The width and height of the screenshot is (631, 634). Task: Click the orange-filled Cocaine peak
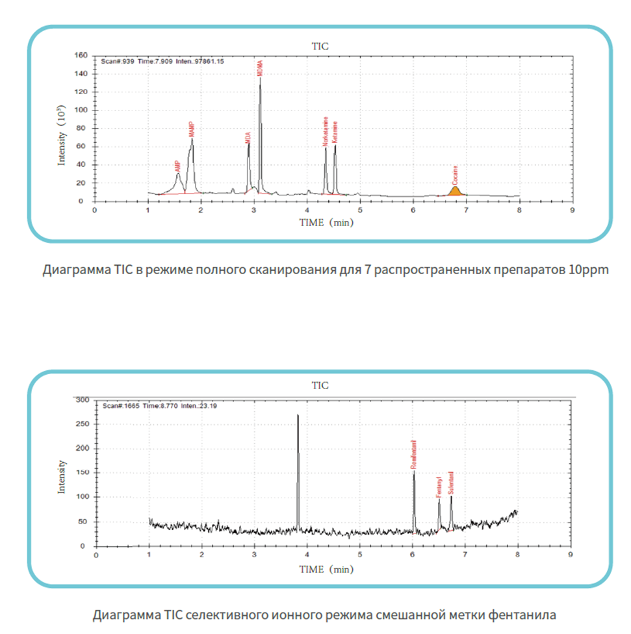[455, 191]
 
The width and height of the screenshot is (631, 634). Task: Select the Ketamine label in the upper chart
[335, 132]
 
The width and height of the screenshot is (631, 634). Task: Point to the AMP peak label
[177, 166]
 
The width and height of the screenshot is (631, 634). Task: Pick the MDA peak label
[248, 138]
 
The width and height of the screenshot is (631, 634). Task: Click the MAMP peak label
[191, 129]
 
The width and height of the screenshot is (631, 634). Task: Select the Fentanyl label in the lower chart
[439, 487]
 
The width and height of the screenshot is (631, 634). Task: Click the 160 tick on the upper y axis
[81, 55]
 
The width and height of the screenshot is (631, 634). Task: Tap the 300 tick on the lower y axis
[81, 399]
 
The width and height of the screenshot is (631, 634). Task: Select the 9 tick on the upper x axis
[572, 210]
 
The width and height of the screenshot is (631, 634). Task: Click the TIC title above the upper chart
[319, 45]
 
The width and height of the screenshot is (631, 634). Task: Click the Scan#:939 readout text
[117, 62]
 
